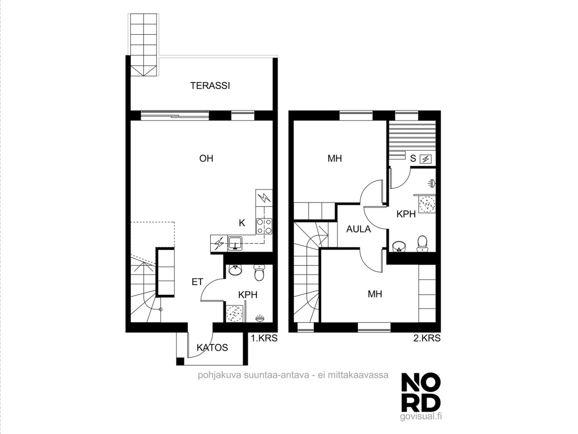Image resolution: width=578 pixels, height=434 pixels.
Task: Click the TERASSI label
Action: pos(210,86)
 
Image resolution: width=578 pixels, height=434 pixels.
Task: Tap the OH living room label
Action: pos(206,158)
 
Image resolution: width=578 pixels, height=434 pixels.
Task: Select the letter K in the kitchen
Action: pos(242,223)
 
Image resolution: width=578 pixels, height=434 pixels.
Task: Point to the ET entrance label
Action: pos(197,282)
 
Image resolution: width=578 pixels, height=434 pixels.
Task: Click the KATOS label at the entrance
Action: pos(212,348)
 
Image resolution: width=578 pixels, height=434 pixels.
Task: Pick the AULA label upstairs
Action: pos(358,229)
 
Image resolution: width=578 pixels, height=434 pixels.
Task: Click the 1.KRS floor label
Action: pos(264,338)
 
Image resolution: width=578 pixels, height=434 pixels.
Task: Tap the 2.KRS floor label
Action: pos(427,338)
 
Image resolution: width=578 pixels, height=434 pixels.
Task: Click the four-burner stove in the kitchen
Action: pos(264,227)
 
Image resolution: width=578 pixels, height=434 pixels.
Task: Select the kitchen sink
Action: pos(235,243)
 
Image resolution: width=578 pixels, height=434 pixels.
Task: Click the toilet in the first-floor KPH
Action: pos(259,273)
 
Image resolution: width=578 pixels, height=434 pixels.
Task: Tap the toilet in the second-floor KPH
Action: pos(422,243)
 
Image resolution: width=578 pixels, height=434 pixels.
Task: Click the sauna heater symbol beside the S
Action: pos(426,159)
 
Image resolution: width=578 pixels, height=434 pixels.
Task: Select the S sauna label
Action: pos(413,159)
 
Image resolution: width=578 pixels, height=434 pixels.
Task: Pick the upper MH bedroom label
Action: pos(335,158)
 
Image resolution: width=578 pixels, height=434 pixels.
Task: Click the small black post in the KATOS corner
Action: pos(180,361)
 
